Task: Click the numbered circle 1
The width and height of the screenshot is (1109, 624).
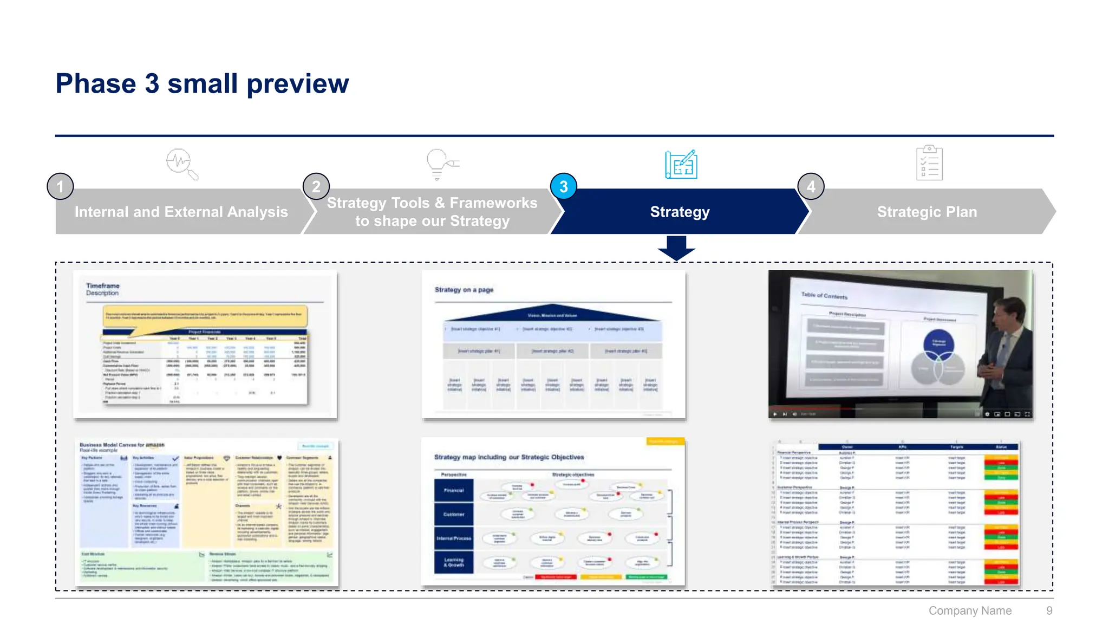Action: [x=60, y=187]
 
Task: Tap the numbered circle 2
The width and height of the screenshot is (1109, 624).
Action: [x=316, y=187]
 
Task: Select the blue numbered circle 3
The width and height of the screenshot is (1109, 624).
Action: [x=564, y=187]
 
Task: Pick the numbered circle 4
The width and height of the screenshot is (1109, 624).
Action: [x=811, y=187]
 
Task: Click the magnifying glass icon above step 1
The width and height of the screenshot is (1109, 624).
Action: [x=181, y=164]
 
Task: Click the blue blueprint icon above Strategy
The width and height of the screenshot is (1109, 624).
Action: [x=681, y=165]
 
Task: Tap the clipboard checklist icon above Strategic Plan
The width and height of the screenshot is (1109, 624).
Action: [x=929, y=163]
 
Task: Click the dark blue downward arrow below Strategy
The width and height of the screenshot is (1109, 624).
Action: [x=676, y=248]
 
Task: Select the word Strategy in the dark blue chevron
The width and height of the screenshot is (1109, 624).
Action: [x=680, y=212]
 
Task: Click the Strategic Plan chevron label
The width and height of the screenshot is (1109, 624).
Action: [x=927, y=212]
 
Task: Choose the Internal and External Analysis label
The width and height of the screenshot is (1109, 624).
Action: [x=181, y=212]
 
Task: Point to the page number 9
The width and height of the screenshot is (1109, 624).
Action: [x=1049, y=611]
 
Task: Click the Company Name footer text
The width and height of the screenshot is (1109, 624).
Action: [x=970, y=611]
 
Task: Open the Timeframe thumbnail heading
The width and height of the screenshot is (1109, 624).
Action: [x=103, y=286]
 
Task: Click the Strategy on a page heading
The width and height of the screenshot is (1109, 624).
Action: [x=464, y=290]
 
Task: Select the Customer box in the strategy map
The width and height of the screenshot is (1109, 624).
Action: [x=454, y=514]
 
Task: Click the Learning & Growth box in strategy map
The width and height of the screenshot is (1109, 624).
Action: [x=454, y=562]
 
